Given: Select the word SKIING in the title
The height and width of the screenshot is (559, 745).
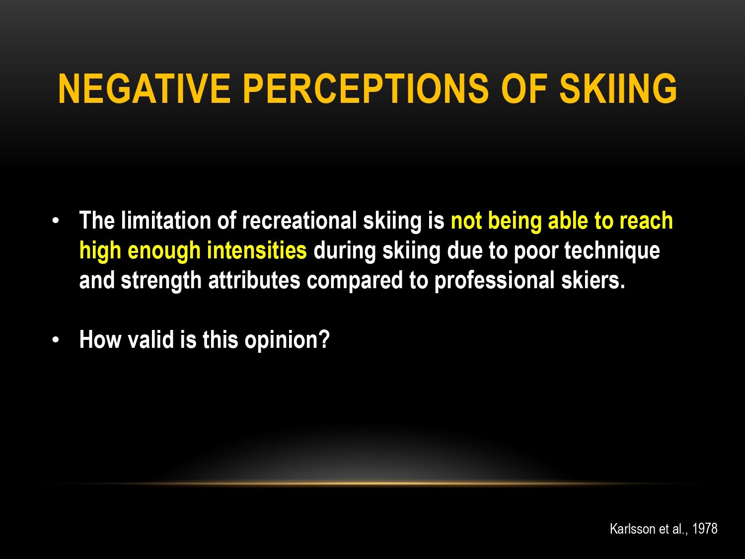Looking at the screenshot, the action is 618,88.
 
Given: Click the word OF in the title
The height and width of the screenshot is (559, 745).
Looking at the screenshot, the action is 524,88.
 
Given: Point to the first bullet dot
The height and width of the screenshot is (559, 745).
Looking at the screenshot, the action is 56,221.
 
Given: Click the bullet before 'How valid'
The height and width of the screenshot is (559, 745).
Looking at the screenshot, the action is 56,340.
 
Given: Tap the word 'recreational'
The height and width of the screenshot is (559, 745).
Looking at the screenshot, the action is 299,221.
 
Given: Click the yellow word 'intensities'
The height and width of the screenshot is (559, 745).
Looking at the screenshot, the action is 257,250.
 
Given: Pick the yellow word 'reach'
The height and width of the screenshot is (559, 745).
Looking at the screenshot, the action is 646,221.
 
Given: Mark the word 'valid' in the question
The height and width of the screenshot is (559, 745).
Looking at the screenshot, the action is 150,339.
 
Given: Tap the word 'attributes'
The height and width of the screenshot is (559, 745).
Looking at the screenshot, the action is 254,280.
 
